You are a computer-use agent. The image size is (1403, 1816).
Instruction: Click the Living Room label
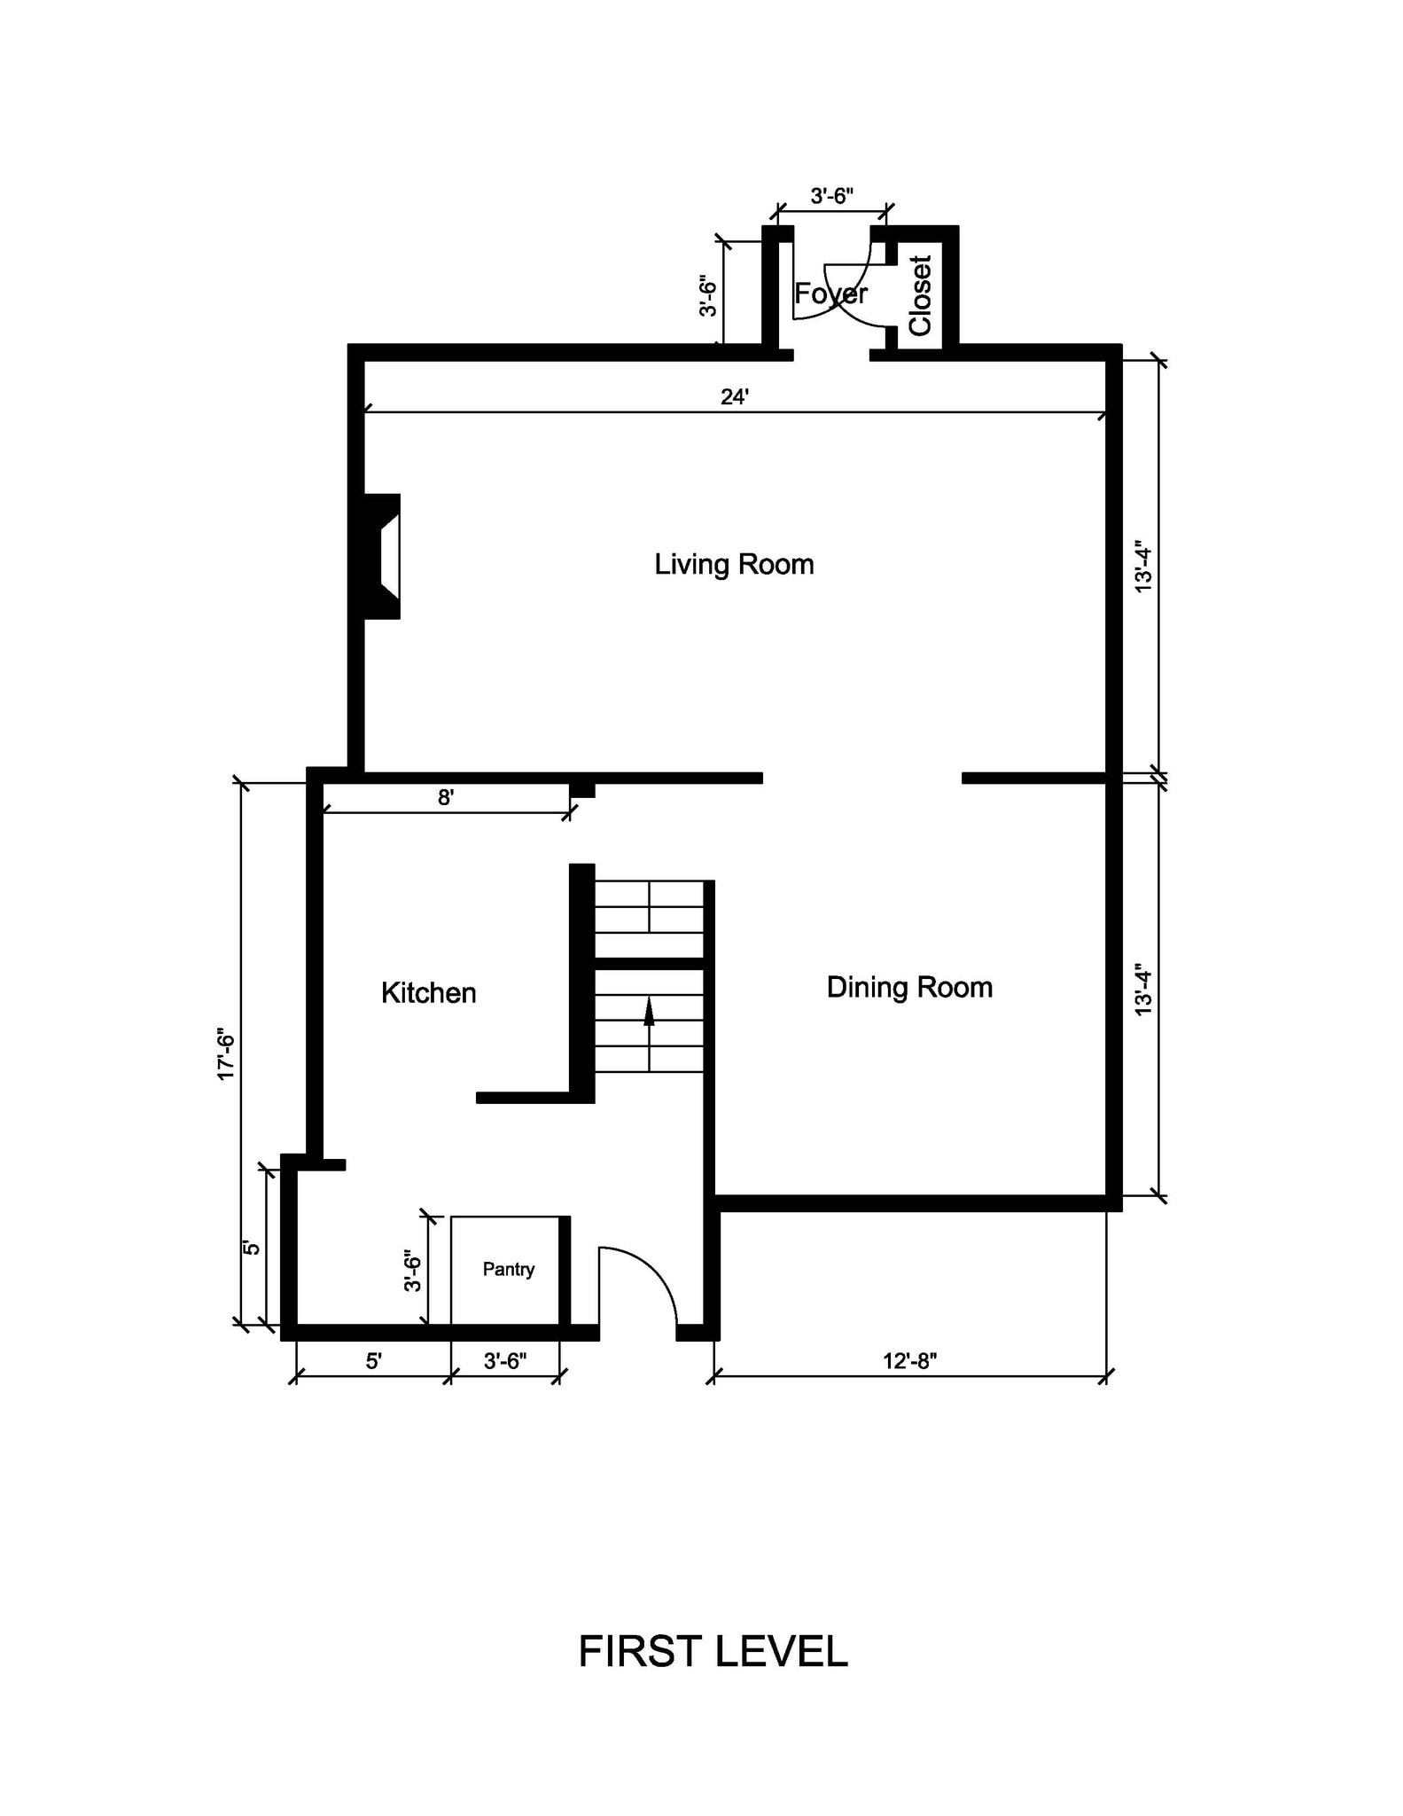click(x=734, y=565)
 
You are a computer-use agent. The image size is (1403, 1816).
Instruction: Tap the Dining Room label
click(x=909, y=988)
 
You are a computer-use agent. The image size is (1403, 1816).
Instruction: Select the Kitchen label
click(x=428, y=993)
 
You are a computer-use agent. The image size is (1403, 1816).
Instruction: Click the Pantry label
click(x=508, y=1269)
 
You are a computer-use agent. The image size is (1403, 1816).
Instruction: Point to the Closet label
click(x=921, y=296)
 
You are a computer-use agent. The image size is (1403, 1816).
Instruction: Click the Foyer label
click(x=830, y=294)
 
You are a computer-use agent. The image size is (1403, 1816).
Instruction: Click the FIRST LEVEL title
click(x=713, y=1652)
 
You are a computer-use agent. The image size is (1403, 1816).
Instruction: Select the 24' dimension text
click(x=734, y=397)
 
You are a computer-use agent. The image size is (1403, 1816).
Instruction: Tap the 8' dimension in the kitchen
click(x=446, y=798)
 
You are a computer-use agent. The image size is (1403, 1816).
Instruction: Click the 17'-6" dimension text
click(x=226, y=1054)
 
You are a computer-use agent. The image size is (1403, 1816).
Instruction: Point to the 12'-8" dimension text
click(x=909, y=1361)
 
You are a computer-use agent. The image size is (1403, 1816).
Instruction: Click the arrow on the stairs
click(x=649, y=1012)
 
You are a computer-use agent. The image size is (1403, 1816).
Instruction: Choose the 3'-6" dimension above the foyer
click(x=831, y=196)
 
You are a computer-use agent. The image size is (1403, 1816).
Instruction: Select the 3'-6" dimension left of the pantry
click(x=413, y=1271)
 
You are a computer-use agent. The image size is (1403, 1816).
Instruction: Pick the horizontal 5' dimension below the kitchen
click(x=373, y=1361)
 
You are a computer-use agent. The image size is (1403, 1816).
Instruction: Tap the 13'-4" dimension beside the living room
click(x=1143, y=568)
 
